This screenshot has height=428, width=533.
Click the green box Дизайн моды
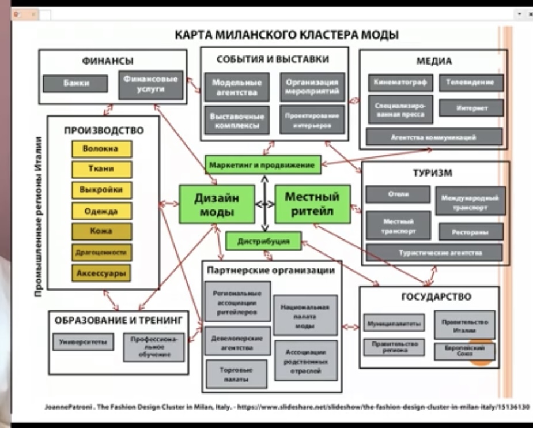click(208, 205)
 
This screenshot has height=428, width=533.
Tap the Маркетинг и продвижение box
click(262, 166)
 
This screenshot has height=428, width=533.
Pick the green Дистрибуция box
click(263, 241)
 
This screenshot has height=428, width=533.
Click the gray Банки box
click(75, 83)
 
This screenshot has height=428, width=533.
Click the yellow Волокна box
click(101, 149)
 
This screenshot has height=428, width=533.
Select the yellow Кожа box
click(101, 231)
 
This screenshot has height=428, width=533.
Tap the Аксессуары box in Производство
click(101, 273)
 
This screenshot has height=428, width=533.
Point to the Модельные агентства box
click(233, 87)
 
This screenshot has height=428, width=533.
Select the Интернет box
click(471, 108)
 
